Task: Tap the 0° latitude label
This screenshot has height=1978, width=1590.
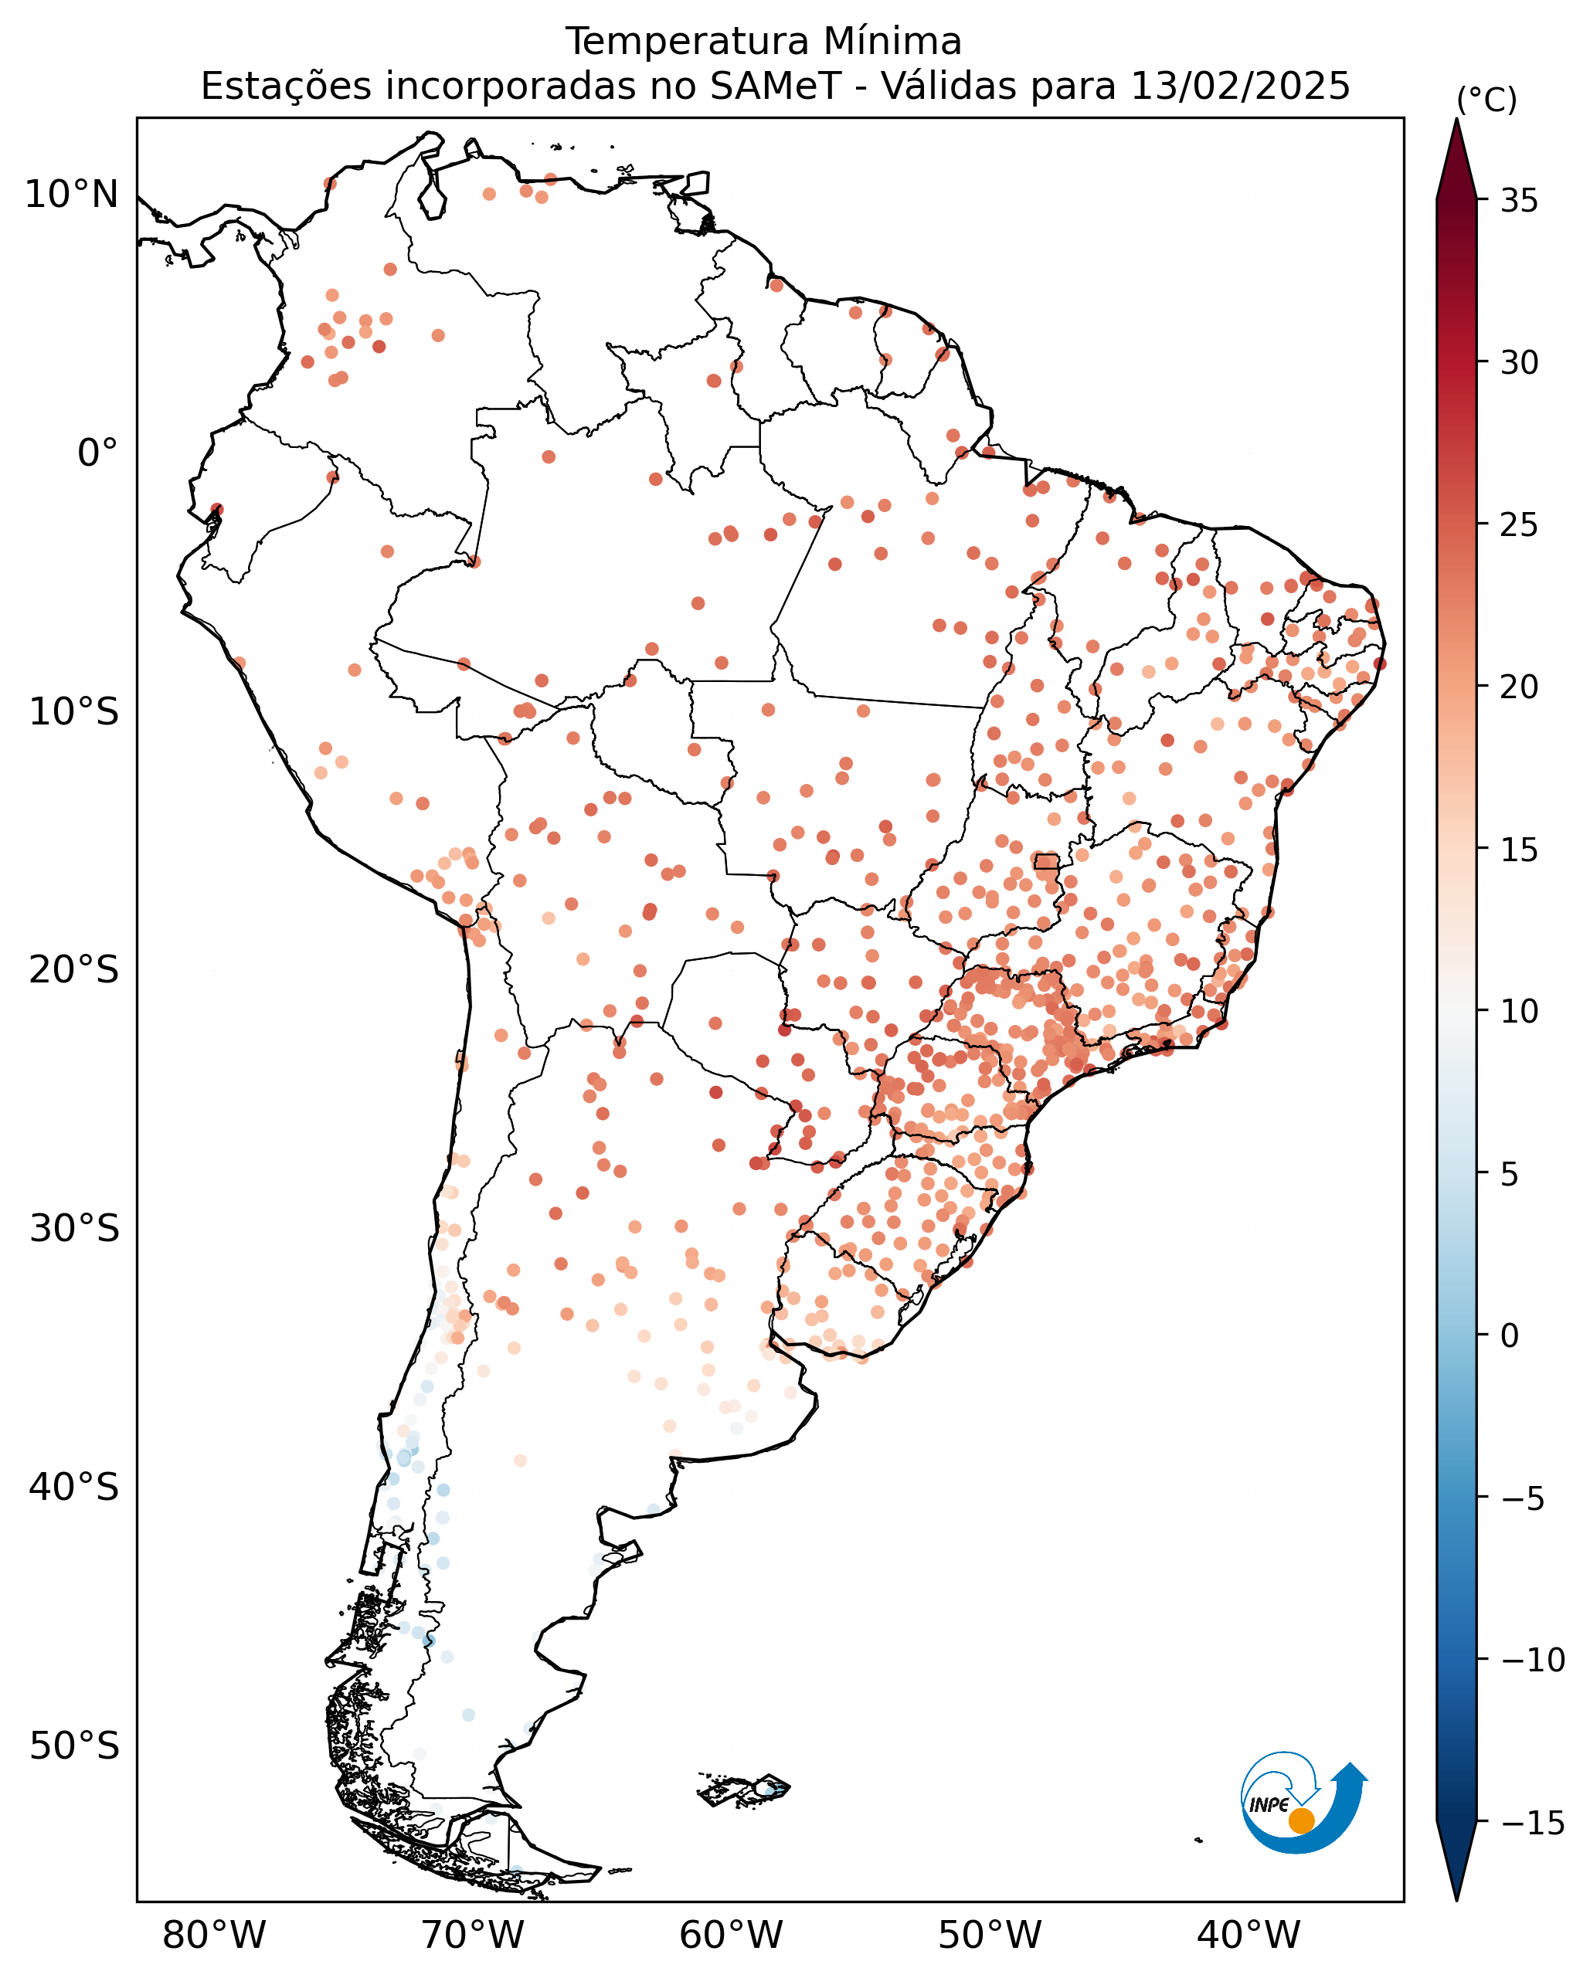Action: point(98,453)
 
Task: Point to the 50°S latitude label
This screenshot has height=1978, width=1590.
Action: point(74,1746)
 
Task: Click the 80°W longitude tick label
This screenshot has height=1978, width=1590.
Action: point(214,1935)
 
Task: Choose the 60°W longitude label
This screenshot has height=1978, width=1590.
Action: point(731,1935)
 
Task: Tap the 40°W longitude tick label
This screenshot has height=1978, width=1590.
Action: point(1249,1935)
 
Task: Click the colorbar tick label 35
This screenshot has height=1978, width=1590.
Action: point(1520,201)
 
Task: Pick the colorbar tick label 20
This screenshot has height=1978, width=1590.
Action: point(1520,687)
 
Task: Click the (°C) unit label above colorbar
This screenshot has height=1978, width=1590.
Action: point(1486,100)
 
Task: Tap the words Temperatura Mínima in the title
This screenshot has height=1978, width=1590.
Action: point(763,41)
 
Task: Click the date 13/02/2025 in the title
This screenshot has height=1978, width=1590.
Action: point(1241,87)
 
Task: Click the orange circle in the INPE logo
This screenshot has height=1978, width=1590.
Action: point(1301,1821)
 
